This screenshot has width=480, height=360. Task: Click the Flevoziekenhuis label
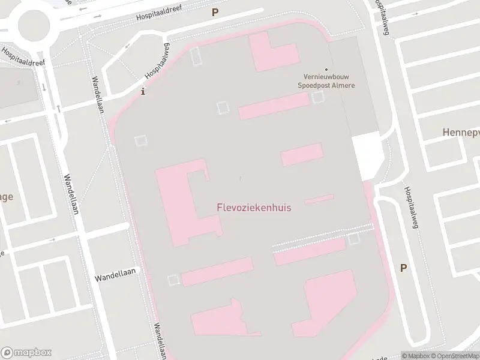254,208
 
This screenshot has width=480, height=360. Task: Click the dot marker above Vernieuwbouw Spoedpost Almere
327,70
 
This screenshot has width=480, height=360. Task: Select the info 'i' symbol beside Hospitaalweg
142,92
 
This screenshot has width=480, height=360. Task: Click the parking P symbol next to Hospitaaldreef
215,12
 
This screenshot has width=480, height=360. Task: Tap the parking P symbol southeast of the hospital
403,268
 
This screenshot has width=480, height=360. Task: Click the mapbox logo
26,352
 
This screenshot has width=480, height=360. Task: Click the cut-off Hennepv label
460,132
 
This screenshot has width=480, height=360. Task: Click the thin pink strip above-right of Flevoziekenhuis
319,199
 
